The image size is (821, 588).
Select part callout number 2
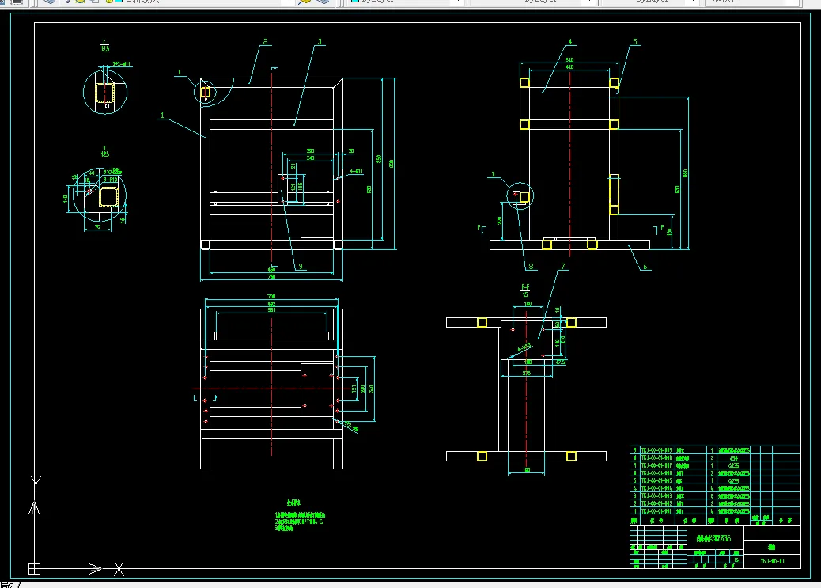266,42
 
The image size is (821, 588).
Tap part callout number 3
319,41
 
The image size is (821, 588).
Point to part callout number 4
569,41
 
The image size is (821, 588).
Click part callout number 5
634,41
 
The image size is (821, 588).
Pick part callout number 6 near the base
645,267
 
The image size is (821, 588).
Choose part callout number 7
563,267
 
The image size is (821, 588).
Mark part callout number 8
530,267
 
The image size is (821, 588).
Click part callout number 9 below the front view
301,267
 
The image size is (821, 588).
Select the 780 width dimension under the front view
271,276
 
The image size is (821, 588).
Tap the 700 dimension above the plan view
272,298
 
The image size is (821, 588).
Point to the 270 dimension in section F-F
526,372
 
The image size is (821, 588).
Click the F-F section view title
524,286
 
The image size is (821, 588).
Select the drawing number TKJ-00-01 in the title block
771,561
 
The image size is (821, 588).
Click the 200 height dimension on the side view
499,221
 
